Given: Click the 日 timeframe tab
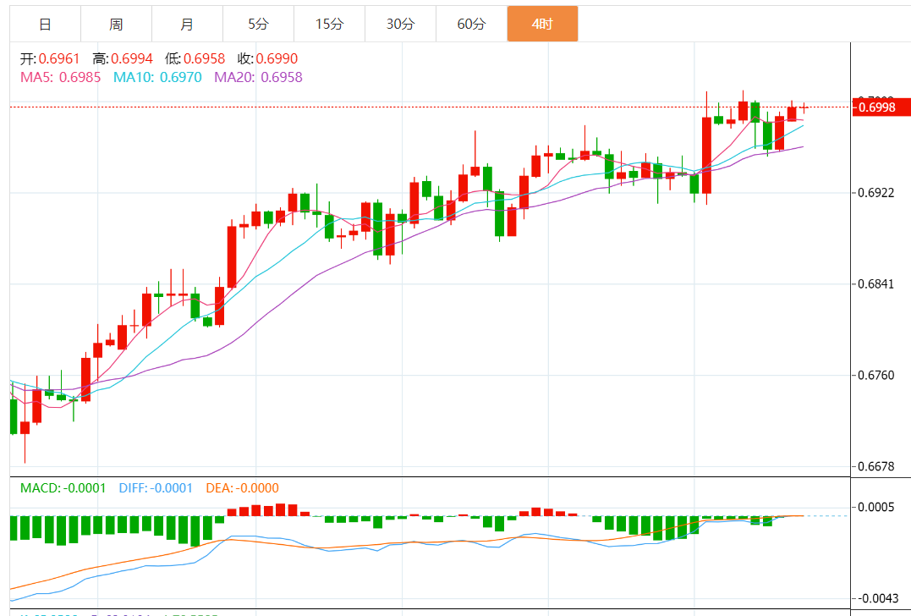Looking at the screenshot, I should [x=45, y=25].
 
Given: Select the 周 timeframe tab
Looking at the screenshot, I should [x=116, y=25].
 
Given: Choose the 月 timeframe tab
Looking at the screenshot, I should [x=187, y=25].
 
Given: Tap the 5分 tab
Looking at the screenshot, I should [x=258, y=25].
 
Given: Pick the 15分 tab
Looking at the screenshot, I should [x=329, y=25].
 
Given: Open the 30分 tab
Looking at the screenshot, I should [x=400, y=25].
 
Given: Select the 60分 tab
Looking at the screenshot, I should [x=471, y=25].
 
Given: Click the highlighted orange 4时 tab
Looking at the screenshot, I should [x=542, y=25].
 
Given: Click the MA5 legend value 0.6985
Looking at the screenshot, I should [x=82, y=77].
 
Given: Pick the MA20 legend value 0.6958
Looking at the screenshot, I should [x=282, y=77].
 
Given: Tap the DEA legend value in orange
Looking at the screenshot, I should [x=255, y=488].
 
